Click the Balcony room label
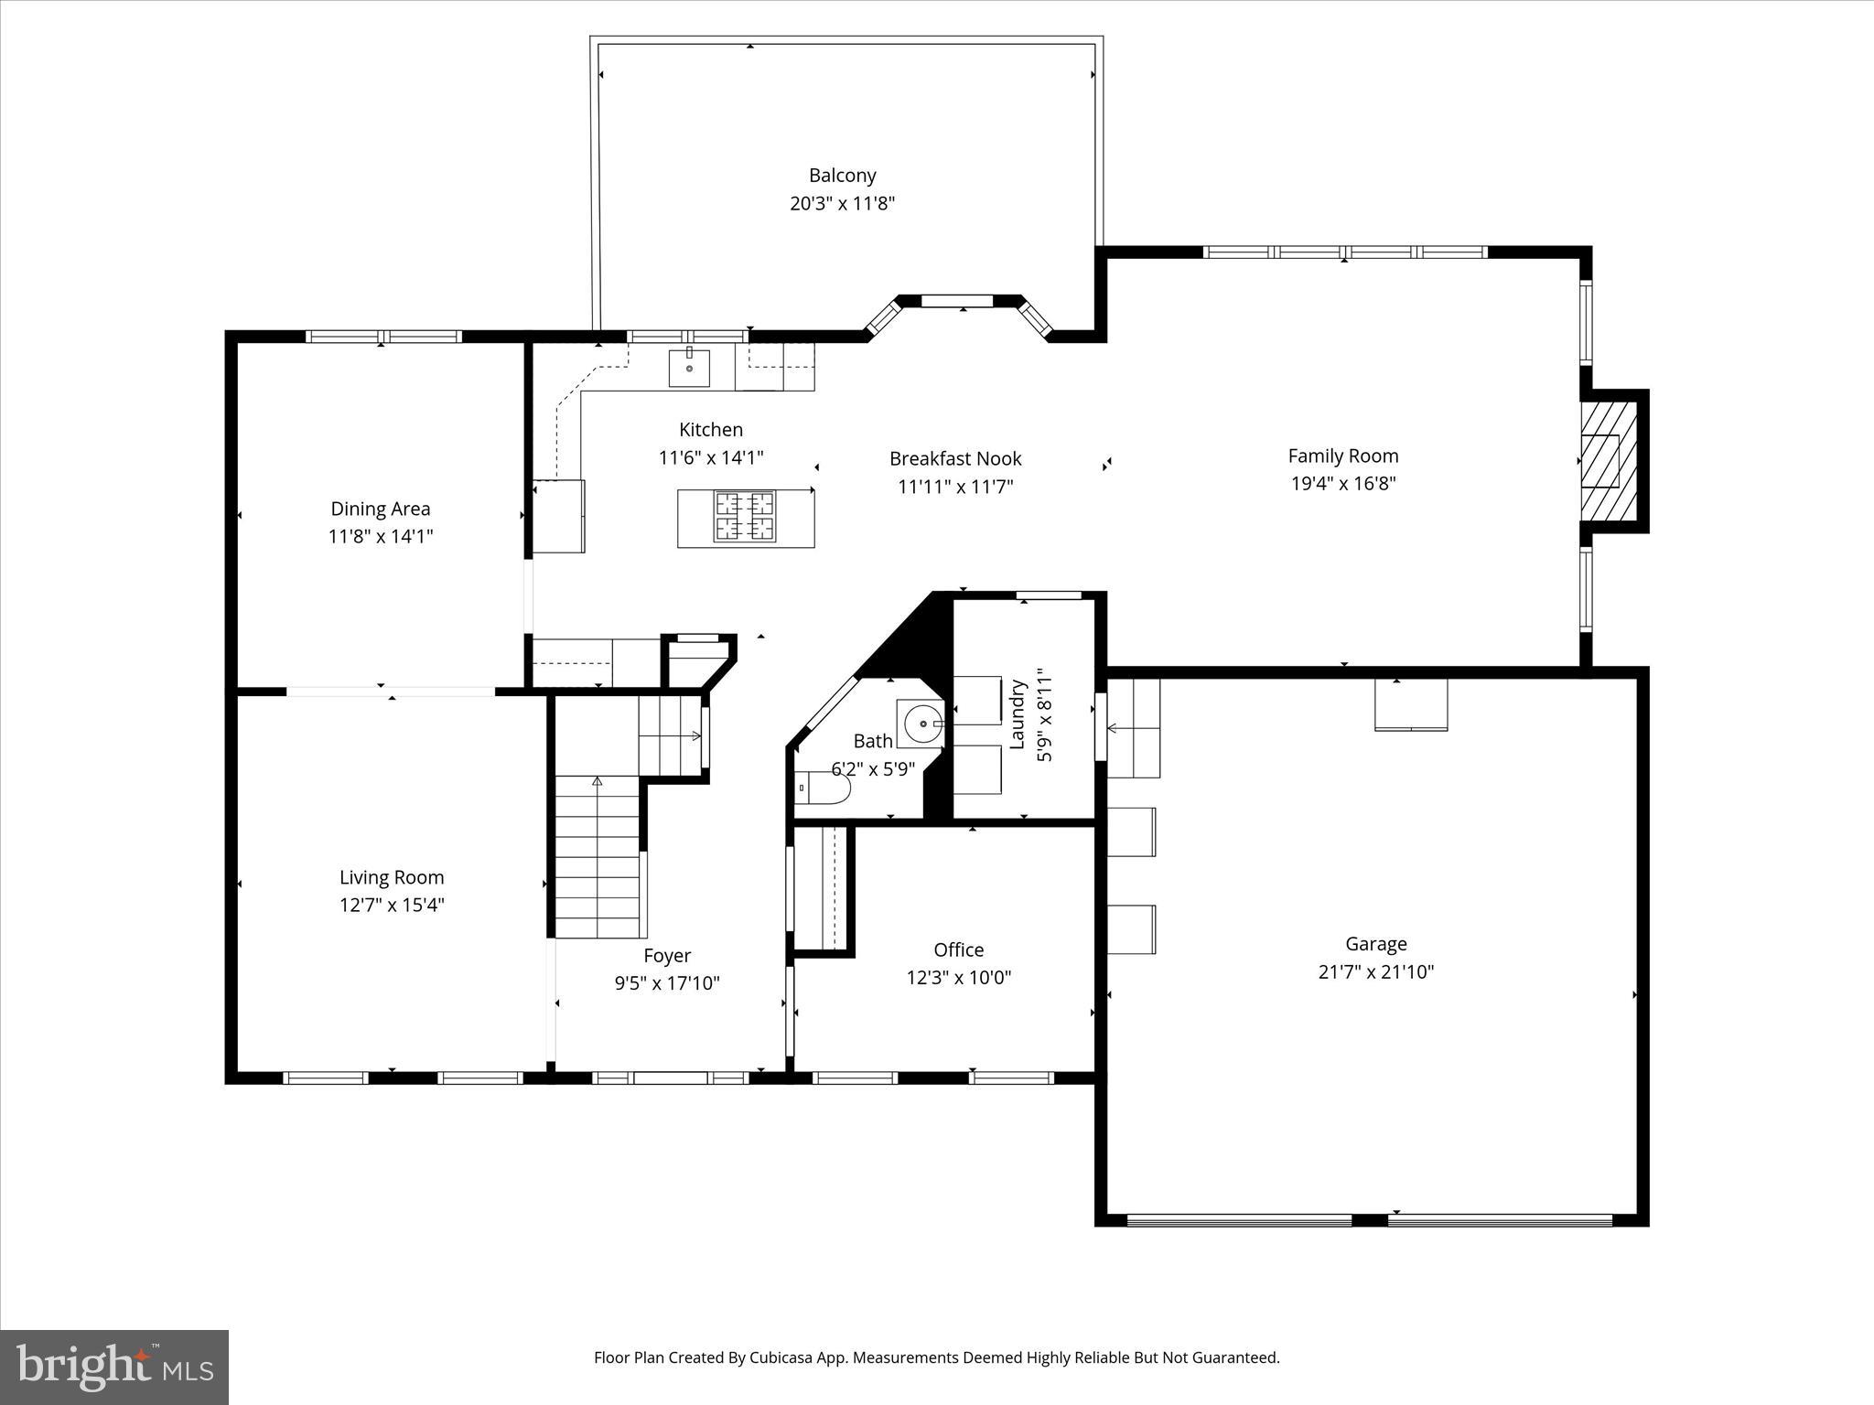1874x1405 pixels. coord(842,176)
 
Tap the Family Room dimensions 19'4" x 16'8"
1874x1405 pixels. coord(1342,484)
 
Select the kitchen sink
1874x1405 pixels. coord(689,369)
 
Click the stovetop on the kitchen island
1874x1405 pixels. coord(745,517)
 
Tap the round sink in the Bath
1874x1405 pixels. coord(922,724)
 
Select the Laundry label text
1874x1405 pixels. coord(1017,713)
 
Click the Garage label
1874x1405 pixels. coord(1375,944)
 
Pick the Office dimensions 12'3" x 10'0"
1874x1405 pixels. coord(958,978)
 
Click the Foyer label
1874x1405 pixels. coord(666,956)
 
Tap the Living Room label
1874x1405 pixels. coord(392,878)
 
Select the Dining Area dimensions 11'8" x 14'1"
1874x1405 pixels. coord(381,537)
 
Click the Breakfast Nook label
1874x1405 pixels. coord(955,459)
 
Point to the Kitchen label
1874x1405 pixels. coord(711,430)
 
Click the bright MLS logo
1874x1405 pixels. coord(114,1368)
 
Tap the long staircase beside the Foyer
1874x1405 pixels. coord(597,857)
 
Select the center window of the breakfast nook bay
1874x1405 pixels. coord(956,301)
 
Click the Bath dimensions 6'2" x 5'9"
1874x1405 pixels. coord(873,769)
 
